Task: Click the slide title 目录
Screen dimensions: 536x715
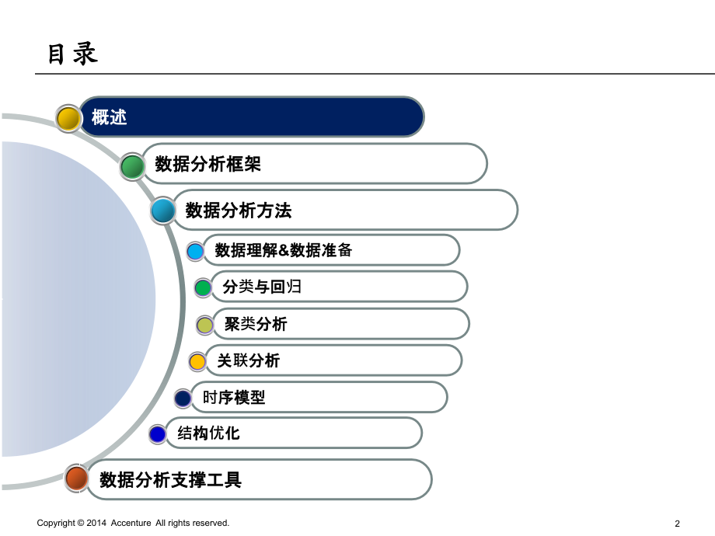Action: point(73,55)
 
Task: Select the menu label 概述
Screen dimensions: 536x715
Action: point(109,117)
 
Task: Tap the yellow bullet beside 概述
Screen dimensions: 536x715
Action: point(68,118)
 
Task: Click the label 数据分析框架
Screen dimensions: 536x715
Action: point(208,164)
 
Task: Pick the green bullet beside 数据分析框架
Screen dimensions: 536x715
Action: point(132,165)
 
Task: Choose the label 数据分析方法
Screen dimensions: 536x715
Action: point(239,211)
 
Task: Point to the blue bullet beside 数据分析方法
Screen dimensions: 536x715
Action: point(163,211)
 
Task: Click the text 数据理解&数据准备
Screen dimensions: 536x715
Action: point(284,250)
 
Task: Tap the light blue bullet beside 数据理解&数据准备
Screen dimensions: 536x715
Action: point(196,251)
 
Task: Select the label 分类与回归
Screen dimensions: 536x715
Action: point(262,287)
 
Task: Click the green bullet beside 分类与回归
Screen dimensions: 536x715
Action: point(203,288)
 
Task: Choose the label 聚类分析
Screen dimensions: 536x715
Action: point(256,324)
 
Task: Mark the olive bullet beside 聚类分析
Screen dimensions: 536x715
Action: point(204,325)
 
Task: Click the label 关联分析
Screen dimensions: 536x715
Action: point(249,360)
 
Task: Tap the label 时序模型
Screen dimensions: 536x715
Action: point(234,397)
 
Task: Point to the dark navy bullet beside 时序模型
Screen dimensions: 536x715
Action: point(183,399)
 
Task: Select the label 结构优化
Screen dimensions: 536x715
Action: point(209,433)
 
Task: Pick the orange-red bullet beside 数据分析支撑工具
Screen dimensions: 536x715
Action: point(75,479)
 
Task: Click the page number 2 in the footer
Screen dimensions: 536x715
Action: point(678,524)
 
